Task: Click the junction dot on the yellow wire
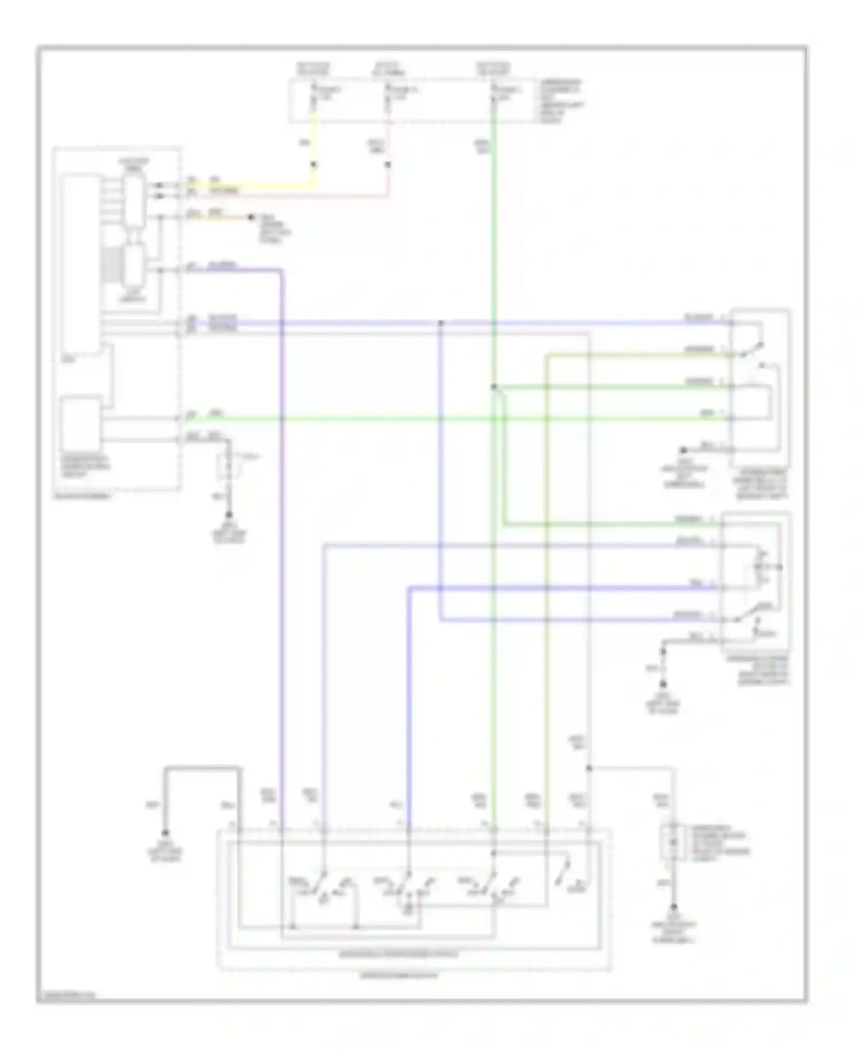[314, 165]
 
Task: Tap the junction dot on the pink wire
[388, 165]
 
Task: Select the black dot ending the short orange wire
[251, 217]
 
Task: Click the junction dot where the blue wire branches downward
[441, 323]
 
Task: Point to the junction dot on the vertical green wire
[494, 387]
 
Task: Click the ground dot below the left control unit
[229, 515]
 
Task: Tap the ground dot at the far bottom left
[166, 833]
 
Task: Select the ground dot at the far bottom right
[674, 907]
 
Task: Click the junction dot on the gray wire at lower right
[589, 768]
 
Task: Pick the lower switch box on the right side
[756, 581]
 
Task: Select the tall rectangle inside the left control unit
[81, 264]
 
